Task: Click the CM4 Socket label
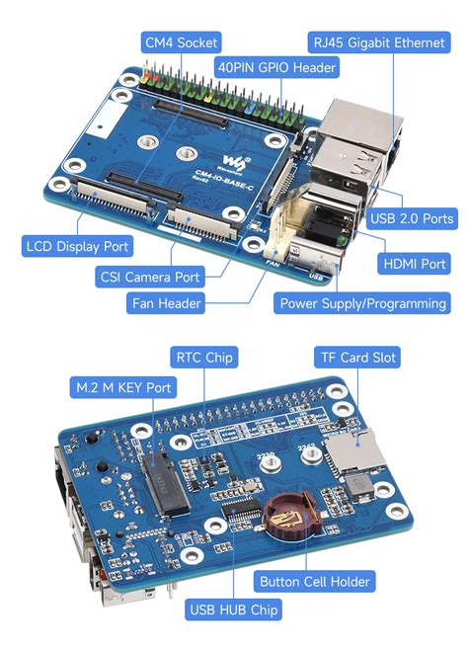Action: (x=181, y=42)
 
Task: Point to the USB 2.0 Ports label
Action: (x=411, y=218)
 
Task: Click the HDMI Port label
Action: (x=415, y=264)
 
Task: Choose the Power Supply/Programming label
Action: (x=362, y=303)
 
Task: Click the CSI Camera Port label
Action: (x=148, y=277)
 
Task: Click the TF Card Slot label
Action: (x=356, y=357)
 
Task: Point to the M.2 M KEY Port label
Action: (x=117, y=387)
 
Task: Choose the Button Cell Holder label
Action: (x=313, y=581)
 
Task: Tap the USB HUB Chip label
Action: (x=236, y=610)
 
